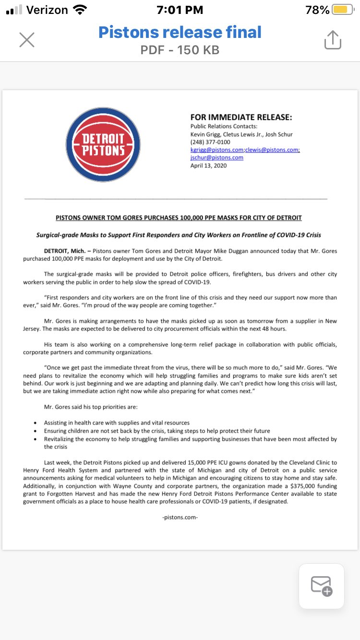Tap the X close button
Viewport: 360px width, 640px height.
point(27,40)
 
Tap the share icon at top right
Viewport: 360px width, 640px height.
point(333,40)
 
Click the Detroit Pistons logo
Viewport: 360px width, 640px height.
point(103,144)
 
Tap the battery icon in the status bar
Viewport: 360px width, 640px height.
point(343,10)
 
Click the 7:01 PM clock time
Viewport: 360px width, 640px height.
point(180,10)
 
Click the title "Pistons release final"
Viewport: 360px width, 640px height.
point(180,32)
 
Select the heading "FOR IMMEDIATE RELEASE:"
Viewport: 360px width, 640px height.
point(241,118)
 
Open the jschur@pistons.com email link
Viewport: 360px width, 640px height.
point(217,157)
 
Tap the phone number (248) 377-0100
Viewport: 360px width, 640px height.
point(210,142)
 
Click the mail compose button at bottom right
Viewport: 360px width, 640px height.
point(322,586)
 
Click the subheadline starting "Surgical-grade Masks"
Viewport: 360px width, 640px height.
point(179,235)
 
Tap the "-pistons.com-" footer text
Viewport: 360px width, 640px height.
point(180,517)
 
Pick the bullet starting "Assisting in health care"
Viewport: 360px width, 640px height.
point(117,423)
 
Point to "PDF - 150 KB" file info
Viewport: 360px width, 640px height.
point(180,50)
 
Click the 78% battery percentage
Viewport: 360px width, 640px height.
point(317,10)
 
